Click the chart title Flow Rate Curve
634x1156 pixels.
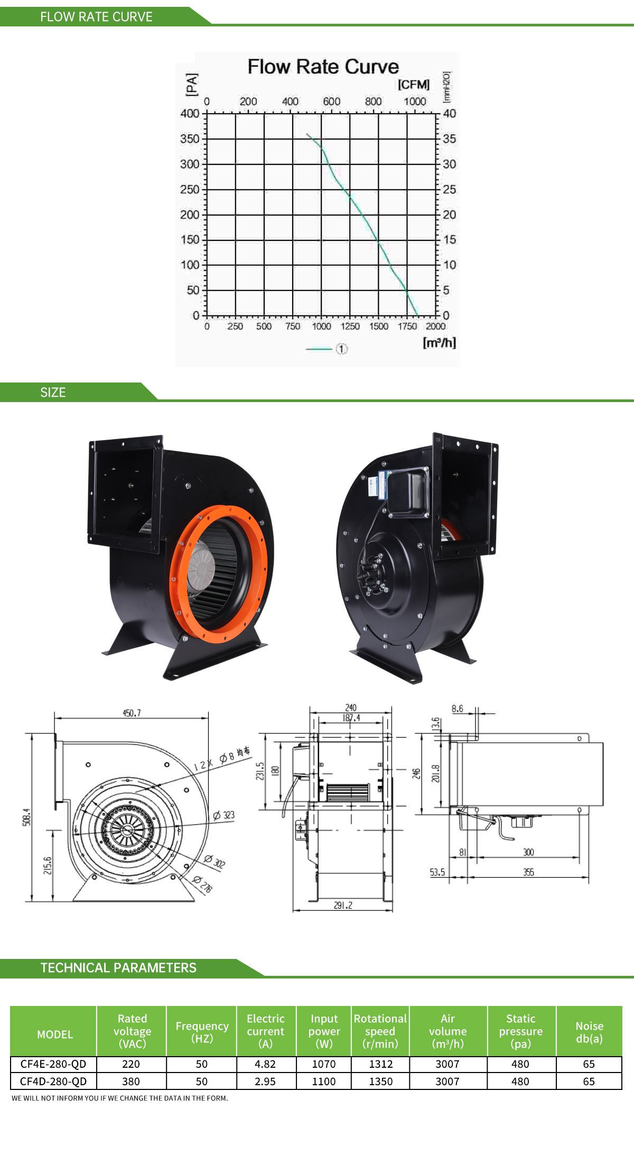tap(323, 67)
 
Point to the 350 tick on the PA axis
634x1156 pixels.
tap(190, 139)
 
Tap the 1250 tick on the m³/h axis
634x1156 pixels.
tap(350, 327)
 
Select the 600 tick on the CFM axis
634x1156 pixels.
tap(331, 101)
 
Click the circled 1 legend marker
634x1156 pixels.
tap(342, 349)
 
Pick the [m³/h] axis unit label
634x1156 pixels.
tap(439, 342)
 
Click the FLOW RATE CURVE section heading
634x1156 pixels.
tap(96, 17)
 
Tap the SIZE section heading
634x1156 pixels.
tap(53, 393)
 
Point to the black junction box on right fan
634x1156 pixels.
tap(408, 492)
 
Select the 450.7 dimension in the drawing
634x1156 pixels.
tap(132, 713)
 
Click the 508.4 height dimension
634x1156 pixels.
tap(26, 817)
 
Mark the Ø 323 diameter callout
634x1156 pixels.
tap(223, 815)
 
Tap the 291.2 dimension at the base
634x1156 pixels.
tap(343, 905)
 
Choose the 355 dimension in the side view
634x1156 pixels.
tap(528, 872)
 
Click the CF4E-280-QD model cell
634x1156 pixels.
tap(53, 1064)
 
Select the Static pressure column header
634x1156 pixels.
tap(521, 1031)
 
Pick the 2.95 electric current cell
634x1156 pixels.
tap(265, 1082)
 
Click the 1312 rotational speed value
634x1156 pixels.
tap(380, 1064)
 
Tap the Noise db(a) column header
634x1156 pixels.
tap(589, 1032)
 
